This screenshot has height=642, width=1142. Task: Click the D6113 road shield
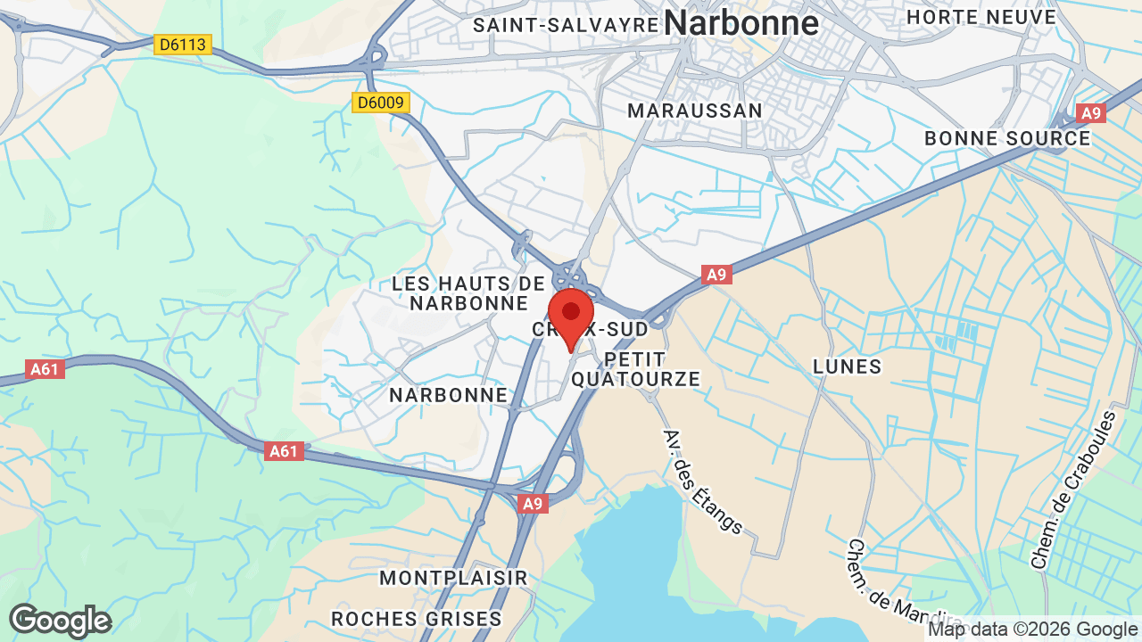pos(182,44)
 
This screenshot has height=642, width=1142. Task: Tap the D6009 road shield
pos(380,103)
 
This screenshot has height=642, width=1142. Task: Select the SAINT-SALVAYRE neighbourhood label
pos(566,24)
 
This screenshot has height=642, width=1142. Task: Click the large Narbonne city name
pos(741,22)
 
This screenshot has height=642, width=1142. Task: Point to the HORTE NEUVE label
pos(981,17)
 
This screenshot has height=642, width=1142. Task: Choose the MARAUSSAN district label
pos(695,111)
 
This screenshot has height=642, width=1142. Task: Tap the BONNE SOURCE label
pos(1007,138)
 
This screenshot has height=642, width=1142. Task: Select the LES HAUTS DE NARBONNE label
pos(468,293)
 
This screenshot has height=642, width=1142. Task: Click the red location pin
pos(571,314)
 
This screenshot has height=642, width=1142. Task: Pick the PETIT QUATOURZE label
pos(635,369)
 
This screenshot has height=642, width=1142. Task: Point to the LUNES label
pos(847,366)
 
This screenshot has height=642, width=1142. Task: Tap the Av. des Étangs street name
pos(702,481)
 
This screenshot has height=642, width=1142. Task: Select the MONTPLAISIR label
pos(453,578)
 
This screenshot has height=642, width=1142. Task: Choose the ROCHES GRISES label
pos(416,619)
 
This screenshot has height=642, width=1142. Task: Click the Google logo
pos(60,621)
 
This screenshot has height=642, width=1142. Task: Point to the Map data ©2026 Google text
pos(1032,630)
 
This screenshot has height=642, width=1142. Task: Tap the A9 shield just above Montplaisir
pos(532,504)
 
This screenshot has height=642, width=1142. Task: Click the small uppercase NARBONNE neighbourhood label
pos(448,395)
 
